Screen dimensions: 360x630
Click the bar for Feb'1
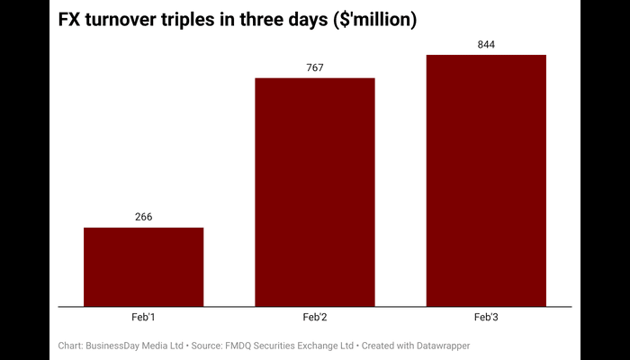144,266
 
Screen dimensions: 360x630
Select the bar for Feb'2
315,192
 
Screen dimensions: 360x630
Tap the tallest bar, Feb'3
486,180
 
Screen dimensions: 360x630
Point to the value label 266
144,217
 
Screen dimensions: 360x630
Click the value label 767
315,67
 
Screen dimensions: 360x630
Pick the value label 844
486,44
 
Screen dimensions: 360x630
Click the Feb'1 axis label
144,318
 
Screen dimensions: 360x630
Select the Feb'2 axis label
315,318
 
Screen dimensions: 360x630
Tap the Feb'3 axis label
486,318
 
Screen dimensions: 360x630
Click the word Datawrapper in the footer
440,346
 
